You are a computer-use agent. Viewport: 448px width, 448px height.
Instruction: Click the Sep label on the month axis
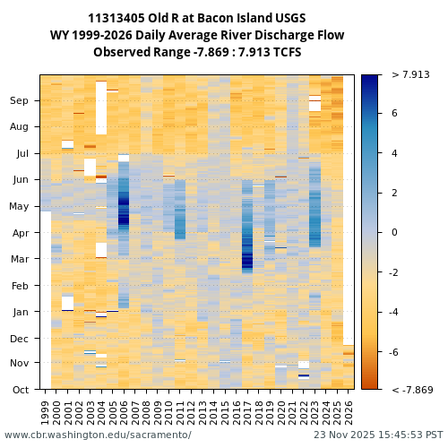(x=19, y=101)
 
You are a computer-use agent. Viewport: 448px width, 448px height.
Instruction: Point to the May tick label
(x=19, y=207)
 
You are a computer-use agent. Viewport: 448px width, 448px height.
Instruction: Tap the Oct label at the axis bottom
(x=19, y=390)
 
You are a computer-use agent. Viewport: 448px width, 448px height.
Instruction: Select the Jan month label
(x=19, y=312)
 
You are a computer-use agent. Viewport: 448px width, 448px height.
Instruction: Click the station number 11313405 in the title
(x=120, y=19)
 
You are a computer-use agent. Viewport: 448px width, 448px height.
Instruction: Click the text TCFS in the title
(x=284, y=52)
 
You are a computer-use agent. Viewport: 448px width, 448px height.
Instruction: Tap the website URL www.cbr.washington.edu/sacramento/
(x=98, y=435)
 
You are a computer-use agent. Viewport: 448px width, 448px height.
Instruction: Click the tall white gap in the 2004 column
(x=101, y=108)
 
